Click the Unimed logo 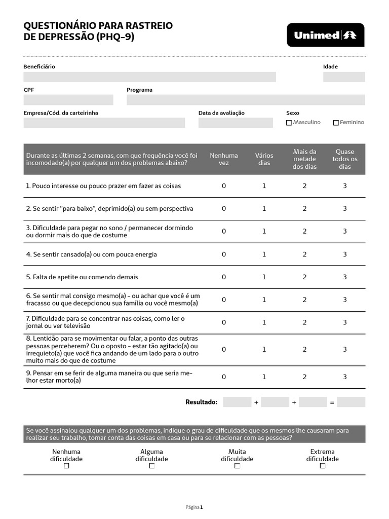pyautogui.click(x=325, y=35)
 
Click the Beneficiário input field pyautogui.click(x=149, y=77)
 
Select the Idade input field pyautogui.click(x=343, y=77)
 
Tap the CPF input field pyautogui.click(x=68, y=100)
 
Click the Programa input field pyautogui.click(x=245, y=100)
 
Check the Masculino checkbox pyautogui.click(x=289, y=123)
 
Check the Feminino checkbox pyautogui.click(x=336, y=123)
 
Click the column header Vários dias pyautogui.click(x=264, y=159)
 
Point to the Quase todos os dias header pyautogui.click(x=344, y=159)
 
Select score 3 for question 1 pyautogui.click(x=344, y=186)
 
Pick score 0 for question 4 pyautogui.click(x=224, y=254)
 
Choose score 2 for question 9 pyautogui.click(x=304, y=377)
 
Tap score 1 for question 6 pyautogui.click(x=264, y=300)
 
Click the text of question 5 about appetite pyautogui.click(x=82, y=277)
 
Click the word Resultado pyautogui.click(x=201, y=402)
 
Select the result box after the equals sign pyautogui.click(x=351, y=402)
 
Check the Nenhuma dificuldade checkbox pyautogui.click(x=66, y=466)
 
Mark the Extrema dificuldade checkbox pyautogui.click(x=323, y=466)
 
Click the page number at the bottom pyautogui.click(x=194, y=507)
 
